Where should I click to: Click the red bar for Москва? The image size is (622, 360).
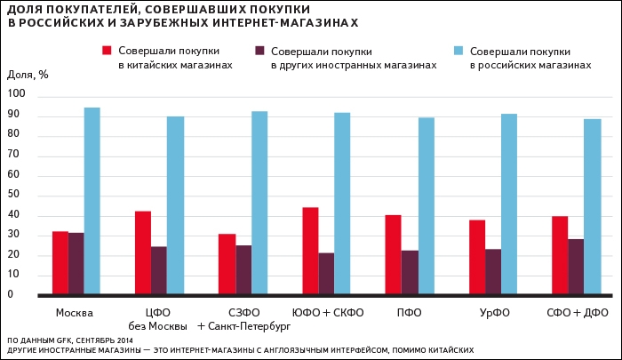pyautogui.click(x=60, y=262)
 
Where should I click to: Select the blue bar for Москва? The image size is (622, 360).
pyautogui.click(x=92, y=201)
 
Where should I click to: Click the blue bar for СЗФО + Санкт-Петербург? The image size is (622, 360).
pyautogui.click(x=259, y=203)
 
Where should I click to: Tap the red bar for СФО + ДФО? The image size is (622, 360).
pyautogui.click(x=560, y=255)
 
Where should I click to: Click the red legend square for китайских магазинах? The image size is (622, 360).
pyautogui.click(x=108, y=51)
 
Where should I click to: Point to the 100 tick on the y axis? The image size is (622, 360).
pyautogui.click(x=18, y=95)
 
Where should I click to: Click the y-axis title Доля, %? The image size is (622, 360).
pyautogui.click(x=27, y=75)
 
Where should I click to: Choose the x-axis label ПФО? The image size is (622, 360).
pyautogui.click(x=409, y=312)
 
